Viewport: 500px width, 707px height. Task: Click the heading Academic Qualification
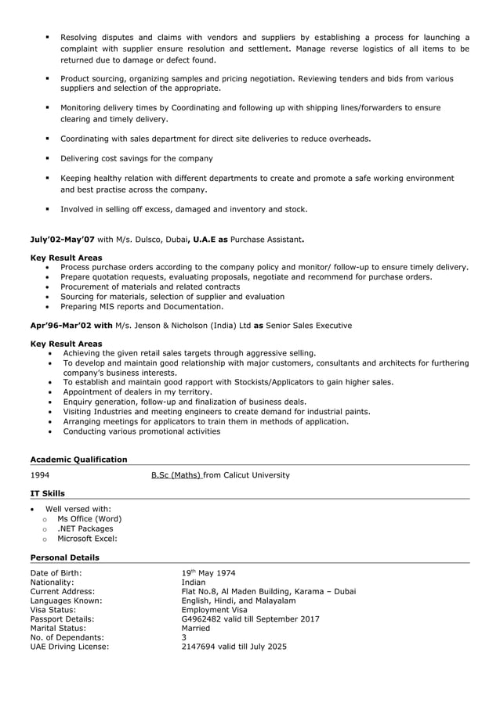pos(78,460)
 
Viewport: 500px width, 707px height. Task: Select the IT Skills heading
pos(47,493)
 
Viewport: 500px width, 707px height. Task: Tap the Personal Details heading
pos(64,557)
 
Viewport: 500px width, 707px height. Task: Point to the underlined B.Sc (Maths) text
pos(176,475)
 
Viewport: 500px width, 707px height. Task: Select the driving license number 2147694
pos(201,647)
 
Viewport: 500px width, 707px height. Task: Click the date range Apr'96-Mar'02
pos(61,325)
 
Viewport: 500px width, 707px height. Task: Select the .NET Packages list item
pos(85,528)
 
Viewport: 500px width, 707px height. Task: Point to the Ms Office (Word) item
pos(89,518)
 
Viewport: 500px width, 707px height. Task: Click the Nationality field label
pos(52,583)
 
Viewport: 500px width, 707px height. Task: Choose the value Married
pos(196,628)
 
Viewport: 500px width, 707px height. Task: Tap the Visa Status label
pos(53,609)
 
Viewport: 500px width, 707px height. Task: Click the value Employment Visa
pos(214,609)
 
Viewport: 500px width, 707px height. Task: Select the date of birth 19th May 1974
pos(208,573)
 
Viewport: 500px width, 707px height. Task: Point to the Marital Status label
pos(56,628)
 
